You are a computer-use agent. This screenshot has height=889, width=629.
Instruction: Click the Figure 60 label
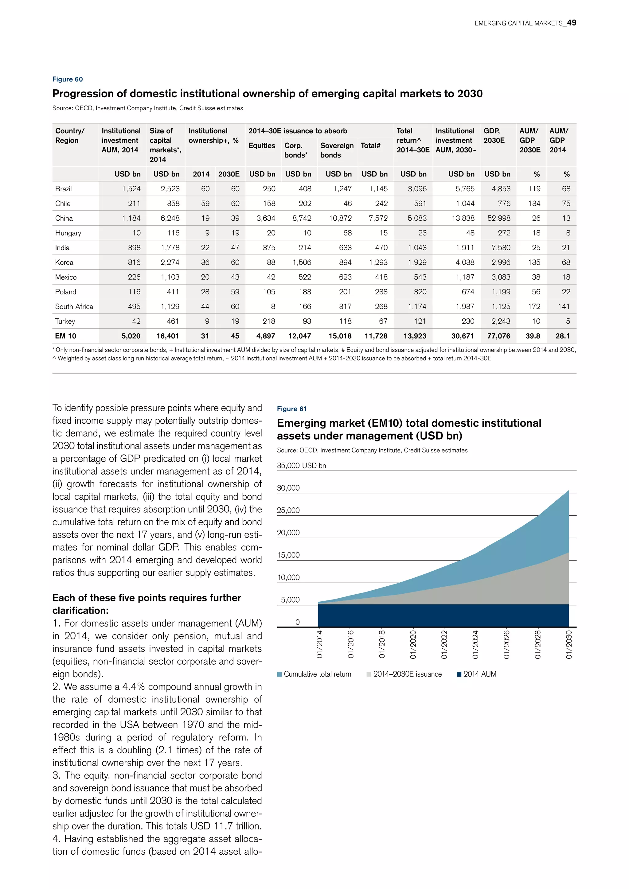[67, 80]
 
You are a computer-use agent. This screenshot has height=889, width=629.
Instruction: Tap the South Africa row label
[74, 307]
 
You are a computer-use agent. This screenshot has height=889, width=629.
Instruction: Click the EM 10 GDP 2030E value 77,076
[498, 336]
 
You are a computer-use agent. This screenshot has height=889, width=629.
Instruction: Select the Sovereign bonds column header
[337, 150]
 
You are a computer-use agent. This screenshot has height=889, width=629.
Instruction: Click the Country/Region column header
[70, 135]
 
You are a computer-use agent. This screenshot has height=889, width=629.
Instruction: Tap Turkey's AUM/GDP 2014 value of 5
[568, 321]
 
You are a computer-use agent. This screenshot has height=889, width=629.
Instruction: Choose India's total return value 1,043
[417, 248]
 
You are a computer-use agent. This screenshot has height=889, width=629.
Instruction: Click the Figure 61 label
[292, 409]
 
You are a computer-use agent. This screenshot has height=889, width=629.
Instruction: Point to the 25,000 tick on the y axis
[288, 510]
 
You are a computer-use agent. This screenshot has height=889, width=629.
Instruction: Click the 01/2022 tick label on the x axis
[444, 645]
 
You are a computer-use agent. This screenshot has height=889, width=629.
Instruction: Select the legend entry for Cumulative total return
[317, 674]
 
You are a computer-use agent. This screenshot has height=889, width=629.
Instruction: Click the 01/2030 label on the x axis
[568, 645]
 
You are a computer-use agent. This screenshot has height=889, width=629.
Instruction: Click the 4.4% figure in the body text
[133, 687]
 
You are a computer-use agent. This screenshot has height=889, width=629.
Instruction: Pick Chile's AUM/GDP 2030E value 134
[534, 204]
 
